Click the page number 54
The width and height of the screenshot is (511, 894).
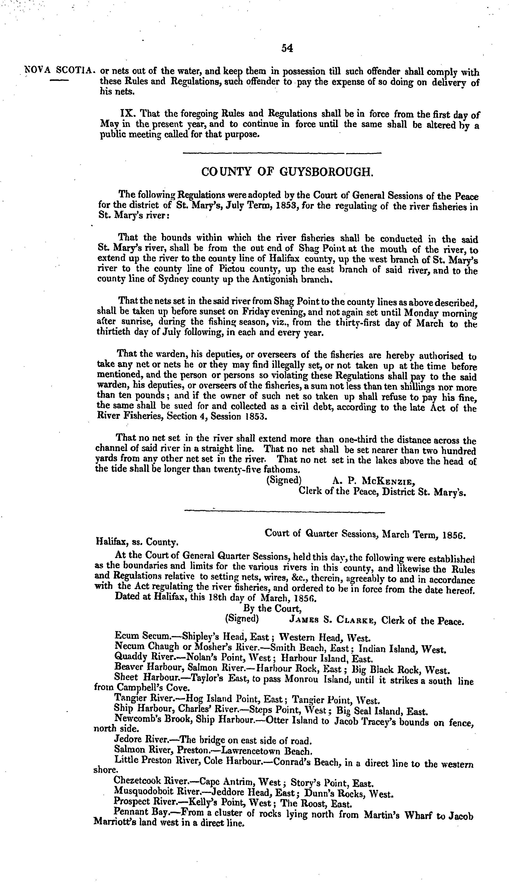(287, 49)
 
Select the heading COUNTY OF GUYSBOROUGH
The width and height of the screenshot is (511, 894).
(287, 172)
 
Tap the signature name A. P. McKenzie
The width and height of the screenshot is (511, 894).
(373, 481)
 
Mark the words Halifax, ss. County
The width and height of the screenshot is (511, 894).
(137, 542)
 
